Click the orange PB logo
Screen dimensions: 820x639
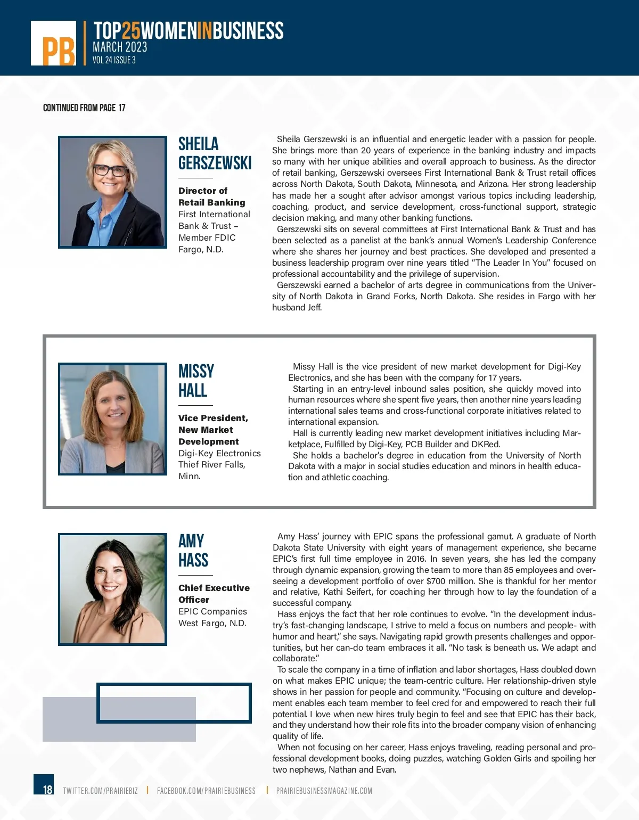click(54, 44)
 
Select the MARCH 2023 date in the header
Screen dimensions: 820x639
click(120, 47)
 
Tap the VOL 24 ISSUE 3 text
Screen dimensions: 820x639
click(114, 60)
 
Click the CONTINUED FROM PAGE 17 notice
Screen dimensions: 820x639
click(84, 108)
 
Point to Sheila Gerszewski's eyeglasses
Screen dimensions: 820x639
click(111, 170)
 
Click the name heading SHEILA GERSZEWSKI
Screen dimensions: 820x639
click(215, 153)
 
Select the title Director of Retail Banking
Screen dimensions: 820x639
click(211, 196)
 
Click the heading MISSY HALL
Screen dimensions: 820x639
click(196, 381)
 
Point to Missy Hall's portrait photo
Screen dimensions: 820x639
click(112, 419)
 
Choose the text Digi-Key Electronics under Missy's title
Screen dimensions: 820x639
click(219, 453)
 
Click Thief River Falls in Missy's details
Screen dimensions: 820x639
click(212, 464)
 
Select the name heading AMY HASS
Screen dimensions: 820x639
click(193, 551)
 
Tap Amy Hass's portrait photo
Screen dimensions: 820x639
click(112, 589)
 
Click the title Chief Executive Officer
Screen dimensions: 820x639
click(214, 594)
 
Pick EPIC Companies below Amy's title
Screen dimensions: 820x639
click(212, 611)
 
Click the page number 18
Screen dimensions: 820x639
click(47, 789)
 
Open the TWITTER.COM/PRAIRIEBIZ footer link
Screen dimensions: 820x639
click(100, 791)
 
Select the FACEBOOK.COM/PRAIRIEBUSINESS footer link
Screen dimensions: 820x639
click(206, 791)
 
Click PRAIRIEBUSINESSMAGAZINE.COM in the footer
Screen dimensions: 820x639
click(324, 791)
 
